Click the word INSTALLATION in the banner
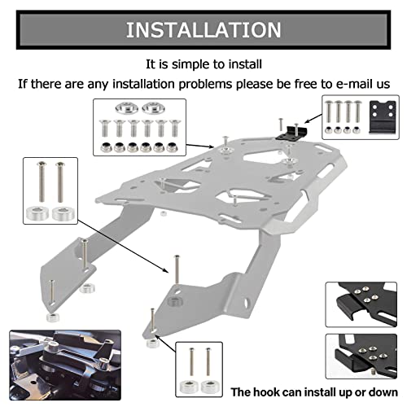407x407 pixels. point(203,31)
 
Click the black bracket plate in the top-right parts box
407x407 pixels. point(379,117)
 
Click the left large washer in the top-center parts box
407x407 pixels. point(126,107)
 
